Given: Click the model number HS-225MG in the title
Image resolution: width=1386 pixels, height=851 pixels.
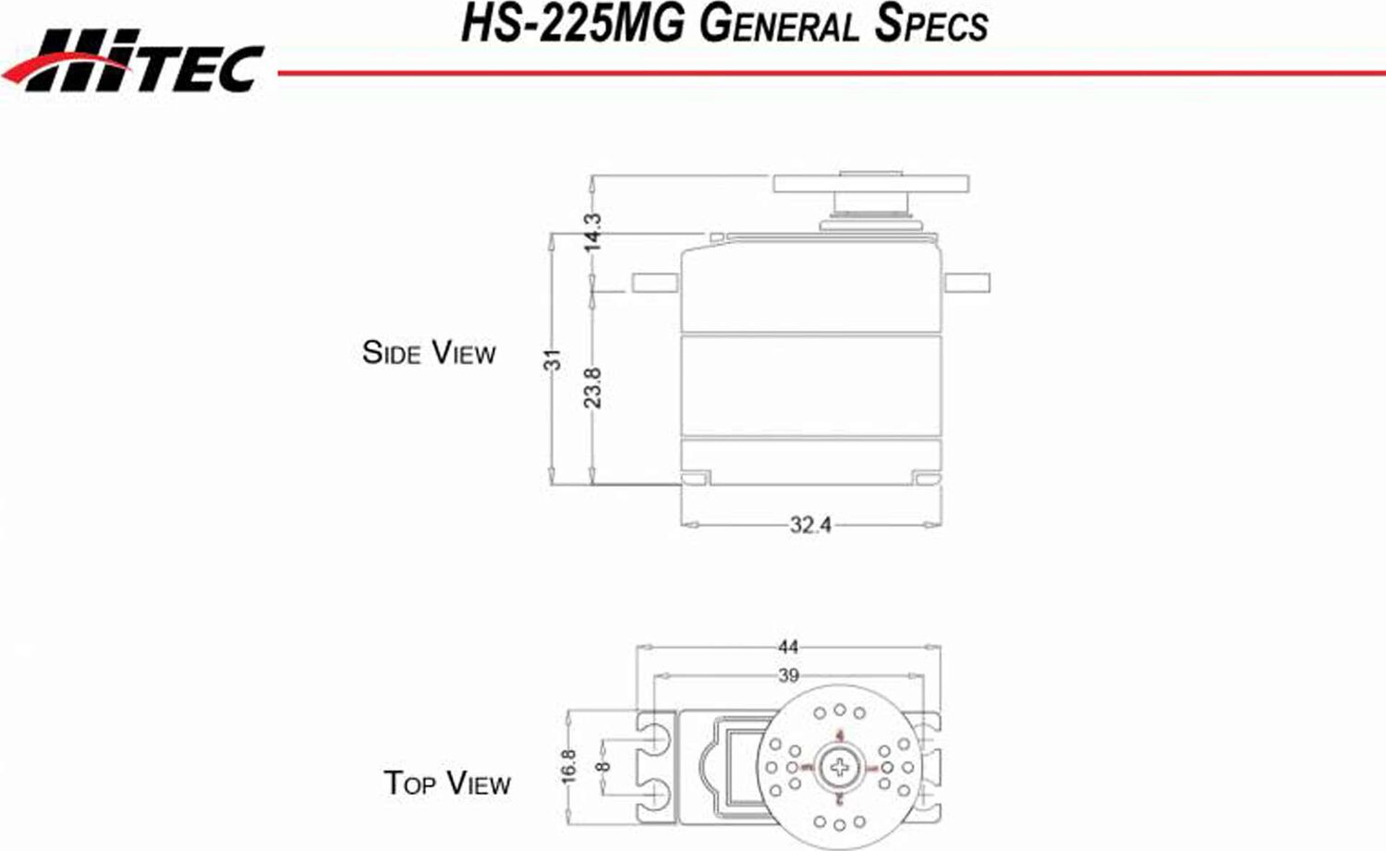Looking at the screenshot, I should coord(572,24).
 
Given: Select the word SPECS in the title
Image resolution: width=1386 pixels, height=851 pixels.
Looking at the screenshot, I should coord(930,24).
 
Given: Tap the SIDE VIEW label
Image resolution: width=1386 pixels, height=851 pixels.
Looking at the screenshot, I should coord(429,353).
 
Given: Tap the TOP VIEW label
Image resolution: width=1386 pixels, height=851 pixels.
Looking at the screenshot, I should coord(447,784).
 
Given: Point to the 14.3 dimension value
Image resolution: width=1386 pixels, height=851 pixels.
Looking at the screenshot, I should coord(592,232).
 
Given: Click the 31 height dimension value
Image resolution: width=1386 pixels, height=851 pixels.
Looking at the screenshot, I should coord(552,359).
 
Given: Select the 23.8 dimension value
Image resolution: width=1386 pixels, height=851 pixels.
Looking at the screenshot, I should coord(592,387).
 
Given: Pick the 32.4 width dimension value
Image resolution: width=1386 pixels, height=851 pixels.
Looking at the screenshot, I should coord(810,525).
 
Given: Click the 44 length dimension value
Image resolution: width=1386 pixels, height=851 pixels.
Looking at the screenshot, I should coord(788,647).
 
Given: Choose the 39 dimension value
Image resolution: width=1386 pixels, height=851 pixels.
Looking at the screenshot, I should coord(788,675).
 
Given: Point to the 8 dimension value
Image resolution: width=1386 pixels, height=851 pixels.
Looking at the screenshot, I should coord(603,766).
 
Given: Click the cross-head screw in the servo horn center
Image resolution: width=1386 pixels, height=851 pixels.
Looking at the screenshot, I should coord(839,766).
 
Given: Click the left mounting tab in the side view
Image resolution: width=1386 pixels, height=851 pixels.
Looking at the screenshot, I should coord(655,283).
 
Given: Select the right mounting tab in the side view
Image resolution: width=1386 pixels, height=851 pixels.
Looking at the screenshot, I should coord(966,283).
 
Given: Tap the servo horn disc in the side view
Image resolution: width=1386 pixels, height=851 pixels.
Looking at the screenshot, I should coord(871,183).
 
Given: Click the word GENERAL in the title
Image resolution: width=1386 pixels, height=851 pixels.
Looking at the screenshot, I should coord(779,24).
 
